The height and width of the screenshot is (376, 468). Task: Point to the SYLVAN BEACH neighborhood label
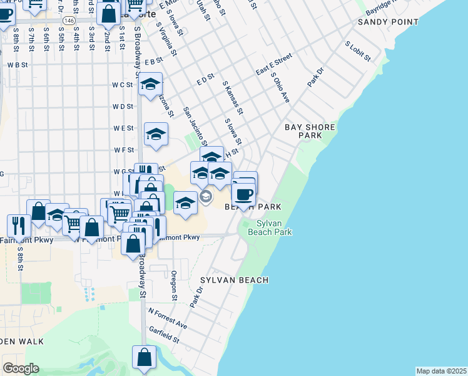click(234, 280)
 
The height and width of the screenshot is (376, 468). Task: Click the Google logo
click(21, 368)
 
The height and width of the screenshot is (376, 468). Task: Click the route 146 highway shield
click(68, 21)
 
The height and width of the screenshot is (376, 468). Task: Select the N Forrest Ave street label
click(167, 318)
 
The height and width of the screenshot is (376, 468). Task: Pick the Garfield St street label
click(163, 335)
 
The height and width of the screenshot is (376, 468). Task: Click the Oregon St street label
click(174, 285)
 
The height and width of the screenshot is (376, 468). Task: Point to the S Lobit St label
click(358, 51)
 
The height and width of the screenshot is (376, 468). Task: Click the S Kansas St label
click(232, 97)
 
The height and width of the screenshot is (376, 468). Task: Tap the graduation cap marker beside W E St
click(156, 133)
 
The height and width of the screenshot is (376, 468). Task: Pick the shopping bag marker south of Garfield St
click(144, 357)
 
